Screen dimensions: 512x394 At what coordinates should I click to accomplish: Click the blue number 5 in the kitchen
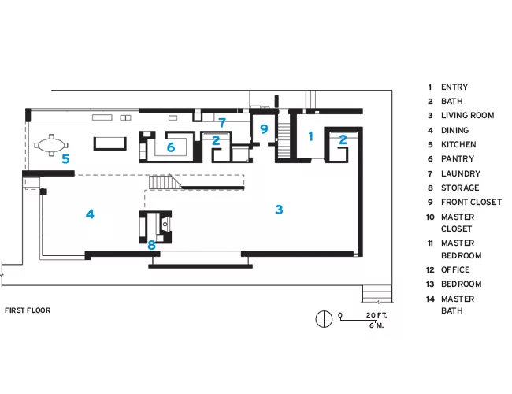(x=65, y=158)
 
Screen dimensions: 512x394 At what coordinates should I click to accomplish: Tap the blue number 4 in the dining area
(x=90, y=214)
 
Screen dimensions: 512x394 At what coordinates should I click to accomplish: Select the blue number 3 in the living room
(x=279, y=210)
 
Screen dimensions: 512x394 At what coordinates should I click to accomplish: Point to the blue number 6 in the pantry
(x=171, y=147)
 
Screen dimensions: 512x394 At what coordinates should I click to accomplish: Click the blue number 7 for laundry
(x=222, y=122)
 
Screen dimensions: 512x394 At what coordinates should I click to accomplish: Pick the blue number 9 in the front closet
(x=264, y=129)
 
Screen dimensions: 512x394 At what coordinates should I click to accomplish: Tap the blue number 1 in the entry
(x=310, y=136)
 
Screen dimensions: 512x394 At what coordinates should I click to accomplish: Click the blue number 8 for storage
(x=151, y=245)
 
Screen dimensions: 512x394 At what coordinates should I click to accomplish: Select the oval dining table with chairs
(x=51, y=145)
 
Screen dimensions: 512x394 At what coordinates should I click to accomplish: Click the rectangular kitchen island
(x=110, y=143)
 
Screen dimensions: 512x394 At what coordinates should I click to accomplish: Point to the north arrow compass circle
(x=324, y=319)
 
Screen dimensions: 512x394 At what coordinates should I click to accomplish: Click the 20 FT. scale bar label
(x=377, y=315)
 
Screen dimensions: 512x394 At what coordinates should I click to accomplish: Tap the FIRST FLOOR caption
(x=28, y=310)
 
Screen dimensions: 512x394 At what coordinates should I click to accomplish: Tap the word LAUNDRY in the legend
(x=461, y=173)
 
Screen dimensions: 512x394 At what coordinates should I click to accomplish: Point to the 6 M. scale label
(x=377, y=325)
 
